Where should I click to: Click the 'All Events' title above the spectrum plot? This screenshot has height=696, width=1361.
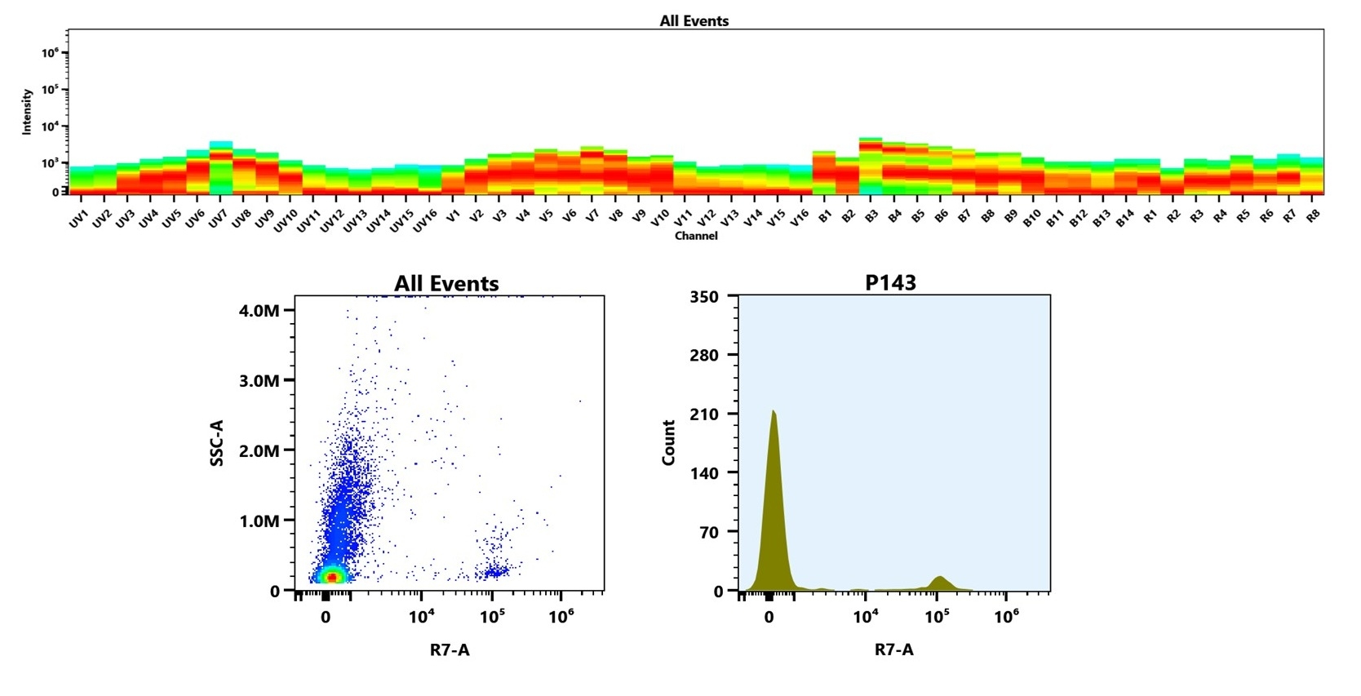(694, 21)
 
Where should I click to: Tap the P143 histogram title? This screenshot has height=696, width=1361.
(890, 283)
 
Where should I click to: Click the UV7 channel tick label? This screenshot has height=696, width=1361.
(217, 219)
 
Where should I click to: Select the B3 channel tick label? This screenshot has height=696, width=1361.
(871, 216)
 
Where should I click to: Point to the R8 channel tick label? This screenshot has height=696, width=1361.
(1313, 216)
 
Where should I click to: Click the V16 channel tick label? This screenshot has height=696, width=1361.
(800, 218)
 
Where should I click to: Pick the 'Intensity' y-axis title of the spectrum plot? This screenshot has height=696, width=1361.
(27, 112)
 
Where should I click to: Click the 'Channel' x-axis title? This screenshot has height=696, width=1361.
(696, 236)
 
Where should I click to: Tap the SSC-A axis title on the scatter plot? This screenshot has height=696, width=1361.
(217, 443)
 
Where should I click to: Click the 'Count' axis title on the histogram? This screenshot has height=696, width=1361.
(669, 443)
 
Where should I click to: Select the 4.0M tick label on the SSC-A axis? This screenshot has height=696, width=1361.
(259, 311)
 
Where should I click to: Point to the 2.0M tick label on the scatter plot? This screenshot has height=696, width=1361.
(259, 451)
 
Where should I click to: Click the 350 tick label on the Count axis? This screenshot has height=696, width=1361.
(704, 297)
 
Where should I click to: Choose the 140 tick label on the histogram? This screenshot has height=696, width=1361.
(704, 473)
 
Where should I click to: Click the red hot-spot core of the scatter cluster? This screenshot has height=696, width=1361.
(331, 577)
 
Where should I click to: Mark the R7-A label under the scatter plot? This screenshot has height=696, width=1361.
(450, 650)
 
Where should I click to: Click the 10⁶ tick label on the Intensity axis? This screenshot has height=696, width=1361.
(50, 53)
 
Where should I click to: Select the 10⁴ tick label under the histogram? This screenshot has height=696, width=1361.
(865, 617)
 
